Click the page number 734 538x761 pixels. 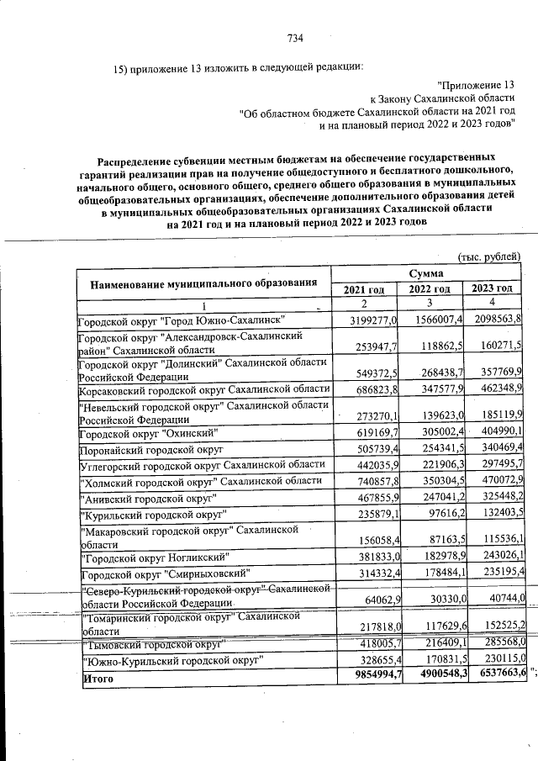295,38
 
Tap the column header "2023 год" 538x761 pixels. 493,289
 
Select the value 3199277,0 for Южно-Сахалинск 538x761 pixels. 364,320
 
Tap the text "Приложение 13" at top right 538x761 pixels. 476,85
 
